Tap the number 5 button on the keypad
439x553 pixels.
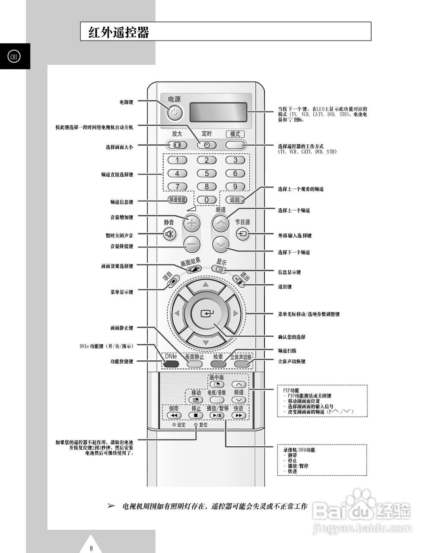tap(207, 174)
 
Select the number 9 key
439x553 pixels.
tap(235, 187)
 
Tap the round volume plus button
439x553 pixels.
tap(192, 223)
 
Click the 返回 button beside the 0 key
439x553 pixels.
tap(235, 200)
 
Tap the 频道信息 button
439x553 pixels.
tap(177, 200)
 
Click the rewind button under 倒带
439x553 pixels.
tap(174, 416)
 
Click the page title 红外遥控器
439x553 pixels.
tap(119, 32)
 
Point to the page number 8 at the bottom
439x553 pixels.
tap(91, 549)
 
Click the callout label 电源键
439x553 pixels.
tap(126, 102)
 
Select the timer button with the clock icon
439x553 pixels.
tap(207, 145)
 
